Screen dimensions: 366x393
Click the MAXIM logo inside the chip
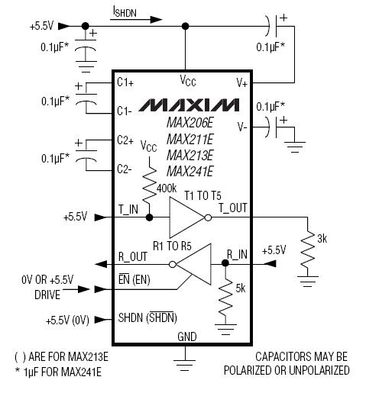pyautogui.click(x=189, y=105)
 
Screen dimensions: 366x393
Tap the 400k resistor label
pyautogui.click(x=167, y=188)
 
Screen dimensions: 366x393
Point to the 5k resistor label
pyautogui.click(x=241, y=288)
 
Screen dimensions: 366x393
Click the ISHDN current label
pyautogui.click(x=125, y=11)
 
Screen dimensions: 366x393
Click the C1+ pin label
pyautogui.click(x=125, y=82)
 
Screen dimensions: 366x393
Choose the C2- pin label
pyautogui.click(x=125, y=169)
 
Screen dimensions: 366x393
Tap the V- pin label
pyautogui.click(x=242, y=127)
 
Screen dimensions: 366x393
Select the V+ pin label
pyautogui.click(x=242, y=83)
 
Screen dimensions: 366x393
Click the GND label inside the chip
pyautogui.click(x=187, y=337)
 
